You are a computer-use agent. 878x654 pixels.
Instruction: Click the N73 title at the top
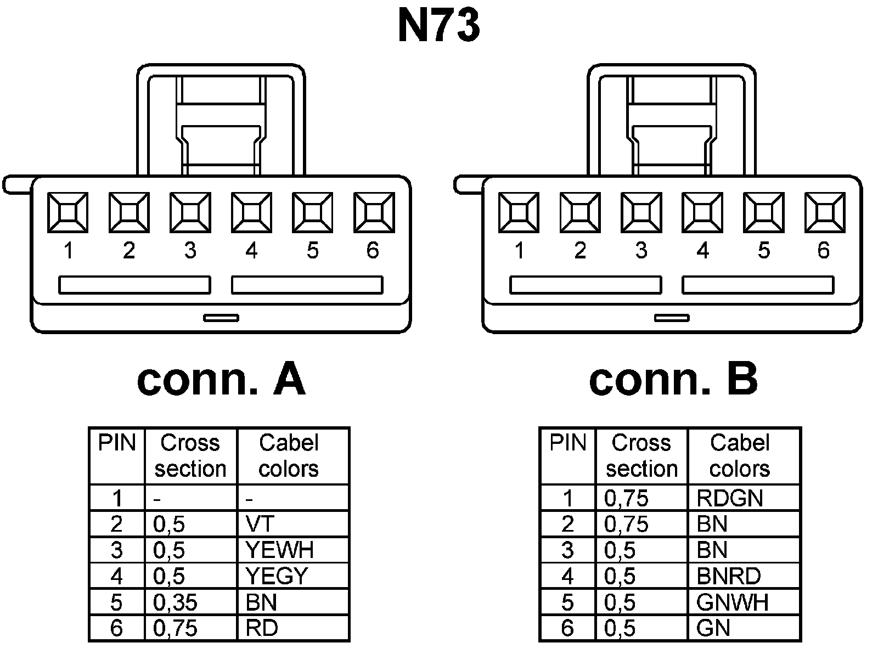click(x=438, y=26)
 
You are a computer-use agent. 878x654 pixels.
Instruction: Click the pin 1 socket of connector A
click(x=67, y=212)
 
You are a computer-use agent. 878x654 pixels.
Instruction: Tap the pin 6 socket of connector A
click(x=374, y=212)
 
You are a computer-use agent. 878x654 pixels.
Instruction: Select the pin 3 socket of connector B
click(x=641, y=212)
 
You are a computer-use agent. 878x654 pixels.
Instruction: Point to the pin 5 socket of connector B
click(x=763, y=212)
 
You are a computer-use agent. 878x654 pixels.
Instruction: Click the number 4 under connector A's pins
click(x=251, y=251)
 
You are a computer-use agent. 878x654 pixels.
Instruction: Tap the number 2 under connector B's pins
click(x=580, y=251)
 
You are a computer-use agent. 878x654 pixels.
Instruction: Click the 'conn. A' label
click(x=221, y=380)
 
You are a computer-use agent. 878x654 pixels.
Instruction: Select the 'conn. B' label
click(x=673, y=380)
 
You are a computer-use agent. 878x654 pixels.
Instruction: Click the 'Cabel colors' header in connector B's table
click(x=739, y=455)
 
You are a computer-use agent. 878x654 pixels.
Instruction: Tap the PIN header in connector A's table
click(x=117, y=443)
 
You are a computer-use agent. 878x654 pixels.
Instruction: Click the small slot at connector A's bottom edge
click(x=221, y=318)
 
